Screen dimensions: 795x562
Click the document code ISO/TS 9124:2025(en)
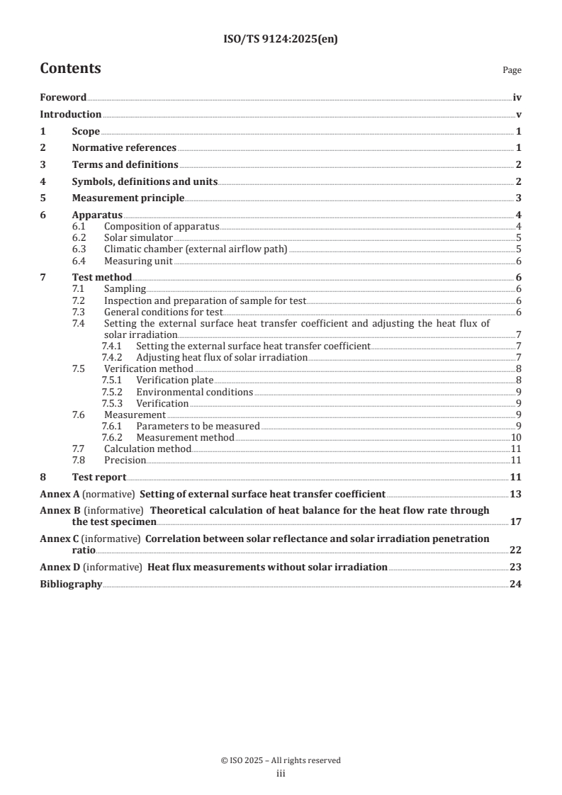[281, 40]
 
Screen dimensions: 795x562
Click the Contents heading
[70, 69]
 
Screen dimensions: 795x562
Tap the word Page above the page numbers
[512, 71]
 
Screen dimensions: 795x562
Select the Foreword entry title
[63, 98]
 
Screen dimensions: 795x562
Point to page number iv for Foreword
[517, 98]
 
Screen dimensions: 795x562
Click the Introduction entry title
[70, 114]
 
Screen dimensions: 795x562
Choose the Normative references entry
[124, 147]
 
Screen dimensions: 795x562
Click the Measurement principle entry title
[128, 198]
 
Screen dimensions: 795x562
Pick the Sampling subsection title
[125, 289]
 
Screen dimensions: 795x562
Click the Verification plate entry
[174, 380]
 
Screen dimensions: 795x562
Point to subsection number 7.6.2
[112, 437]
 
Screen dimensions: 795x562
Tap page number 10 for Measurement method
[517, 437]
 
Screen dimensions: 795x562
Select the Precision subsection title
[125, 460]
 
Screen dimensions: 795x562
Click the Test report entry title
[99, 477]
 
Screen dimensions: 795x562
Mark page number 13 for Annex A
[516, 493]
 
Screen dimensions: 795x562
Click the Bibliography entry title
[71, 585]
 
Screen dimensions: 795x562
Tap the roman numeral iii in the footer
[281, 774]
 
